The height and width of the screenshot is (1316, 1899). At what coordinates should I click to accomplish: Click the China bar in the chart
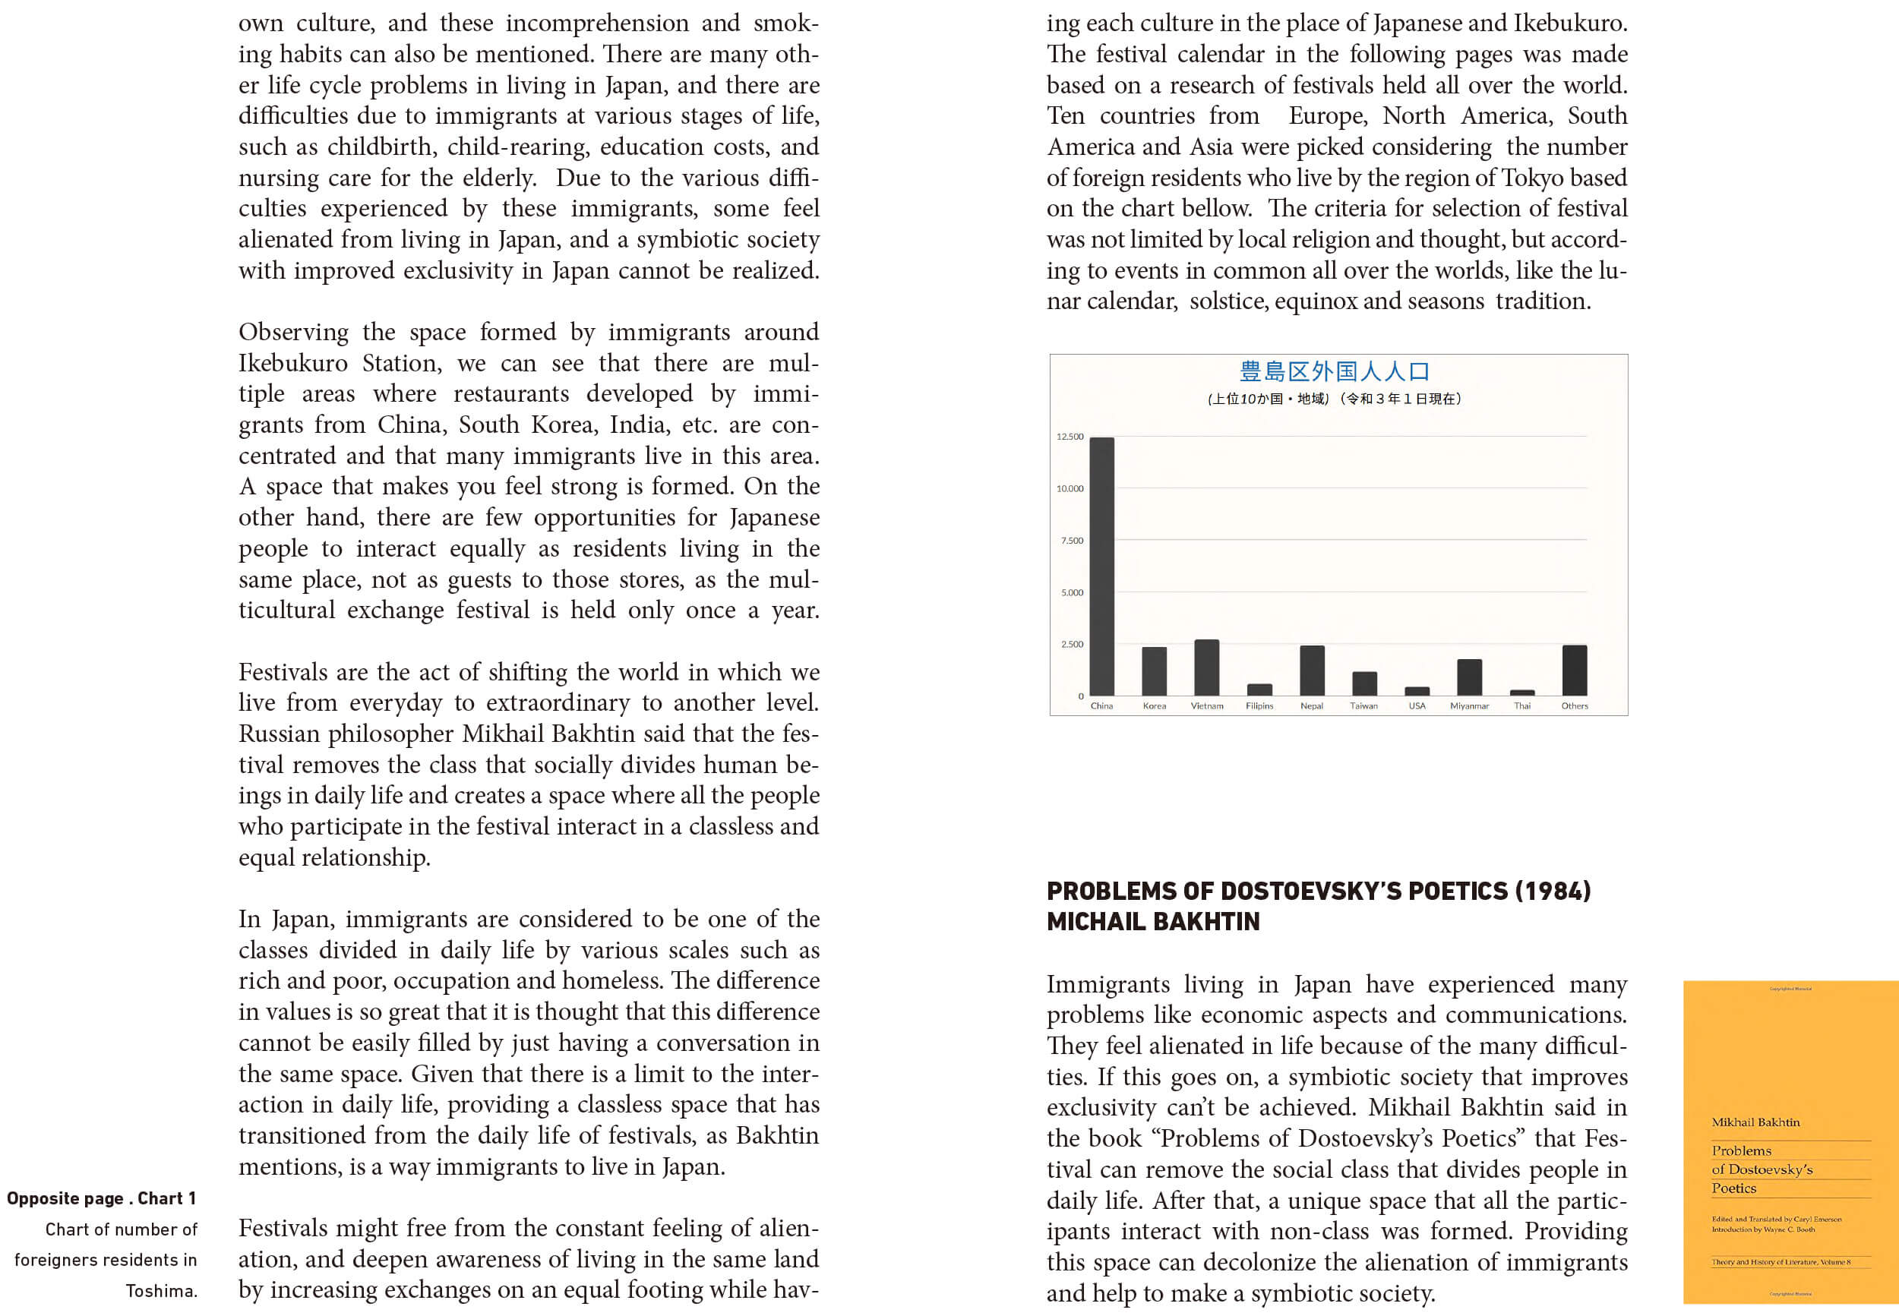pyautogui.click(x=1101, y=566)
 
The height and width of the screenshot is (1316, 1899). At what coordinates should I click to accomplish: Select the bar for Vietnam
pyautogui.click(x=1206, y=668)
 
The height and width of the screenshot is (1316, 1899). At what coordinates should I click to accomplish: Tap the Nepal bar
pyautogui.click(x=1312, y=671)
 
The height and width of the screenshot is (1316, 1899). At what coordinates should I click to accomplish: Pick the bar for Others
pyautogui.click(x=1574, y=671)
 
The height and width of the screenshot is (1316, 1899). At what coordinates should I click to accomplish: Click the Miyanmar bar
pyautogui.click(x=1469, y=678)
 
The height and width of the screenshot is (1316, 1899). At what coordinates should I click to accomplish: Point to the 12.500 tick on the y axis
pyautogui.click(x=1070, y=436)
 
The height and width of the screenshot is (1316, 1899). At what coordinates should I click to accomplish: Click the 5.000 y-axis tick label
pyautogui.click(x=1072, y=592)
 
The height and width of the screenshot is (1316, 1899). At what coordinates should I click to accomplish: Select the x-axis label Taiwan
pyautogui.click(x=1363, y=705)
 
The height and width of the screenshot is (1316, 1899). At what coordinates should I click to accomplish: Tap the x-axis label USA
pyautogui.click(x=1417, y=705)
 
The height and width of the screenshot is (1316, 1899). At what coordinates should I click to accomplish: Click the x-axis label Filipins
pyautogui.click(x=1259, y=705)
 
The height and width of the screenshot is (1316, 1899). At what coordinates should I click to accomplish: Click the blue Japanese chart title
pyautogui.click(x=1335, y=372)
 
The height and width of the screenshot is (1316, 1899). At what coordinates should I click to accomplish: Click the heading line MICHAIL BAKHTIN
pyautogui.click(x=1153, y=922)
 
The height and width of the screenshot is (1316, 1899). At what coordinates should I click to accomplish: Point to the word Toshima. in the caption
pyautogui.click(x=162, y=1291)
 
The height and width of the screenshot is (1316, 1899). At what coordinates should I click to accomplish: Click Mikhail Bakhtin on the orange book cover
pyautogui.click(x=1755, y=1122)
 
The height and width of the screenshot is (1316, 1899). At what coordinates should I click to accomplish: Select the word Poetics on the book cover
pyautogui.click(x=1733, y=1188)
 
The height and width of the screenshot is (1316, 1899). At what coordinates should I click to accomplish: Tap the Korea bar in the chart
pyautogui.click(x=1155, y=671)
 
